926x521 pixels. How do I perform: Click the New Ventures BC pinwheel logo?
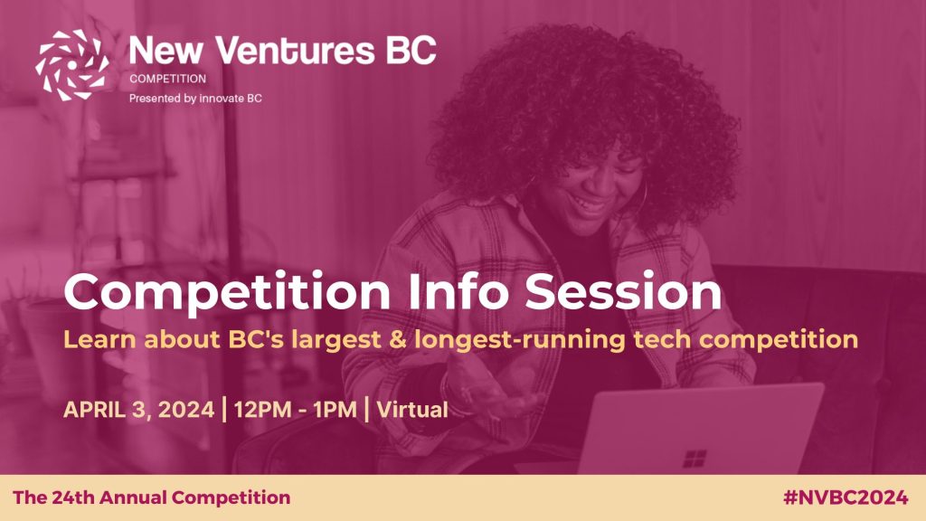[72, 65]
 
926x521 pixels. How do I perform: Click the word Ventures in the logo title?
[295, 51]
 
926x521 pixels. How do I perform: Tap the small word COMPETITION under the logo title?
[167, 79]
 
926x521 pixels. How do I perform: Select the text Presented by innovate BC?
[195, 98]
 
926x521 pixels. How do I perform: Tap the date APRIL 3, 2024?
[138, 410]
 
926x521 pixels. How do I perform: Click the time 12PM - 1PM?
[296, 410]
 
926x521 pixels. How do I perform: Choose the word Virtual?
[412, 410]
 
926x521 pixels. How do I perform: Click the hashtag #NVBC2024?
[846, 497]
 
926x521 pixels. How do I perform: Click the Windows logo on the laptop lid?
[694, 459]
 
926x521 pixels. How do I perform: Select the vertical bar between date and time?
[224, 410]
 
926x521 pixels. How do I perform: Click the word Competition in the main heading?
[227, 292]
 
